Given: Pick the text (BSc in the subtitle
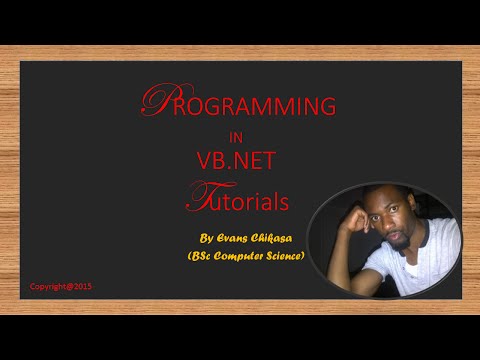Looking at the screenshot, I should [x=203, y=256].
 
